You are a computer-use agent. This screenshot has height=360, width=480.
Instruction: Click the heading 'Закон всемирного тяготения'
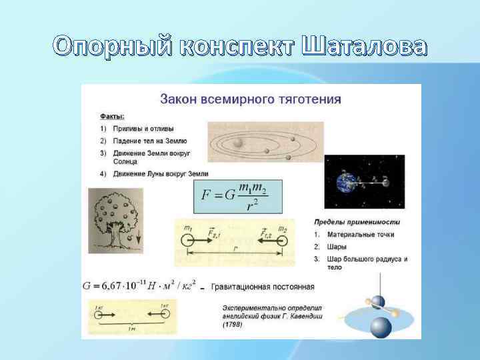point(250,99)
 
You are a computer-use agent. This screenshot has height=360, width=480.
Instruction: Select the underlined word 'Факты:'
point(112,116)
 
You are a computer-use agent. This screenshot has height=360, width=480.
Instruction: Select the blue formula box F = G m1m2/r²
point(237,196)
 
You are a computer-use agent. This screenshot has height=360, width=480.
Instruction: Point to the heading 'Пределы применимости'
point(356,221)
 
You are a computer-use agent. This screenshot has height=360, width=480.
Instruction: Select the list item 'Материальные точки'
point(360,234)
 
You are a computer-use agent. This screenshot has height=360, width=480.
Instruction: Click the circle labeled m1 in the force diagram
point(187,242)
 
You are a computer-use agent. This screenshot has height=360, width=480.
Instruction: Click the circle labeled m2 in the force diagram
point(283,242)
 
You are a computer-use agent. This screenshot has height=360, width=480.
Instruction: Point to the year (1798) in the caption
point(233,325)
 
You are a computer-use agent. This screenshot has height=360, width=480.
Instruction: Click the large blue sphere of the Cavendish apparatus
point(381,327)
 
